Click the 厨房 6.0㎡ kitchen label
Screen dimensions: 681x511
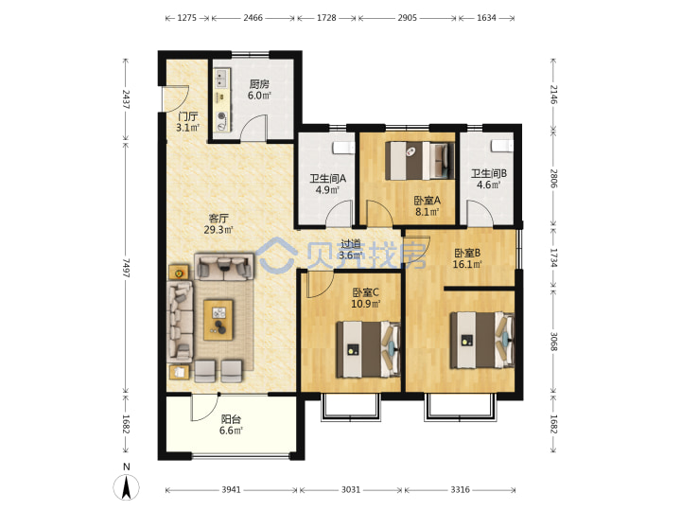(x=259, y=90)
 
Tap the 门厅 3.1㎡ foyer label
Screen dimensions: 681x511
(x=187, y=122)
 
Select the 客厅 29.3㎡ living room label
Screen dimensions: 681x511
(x=218, y=223)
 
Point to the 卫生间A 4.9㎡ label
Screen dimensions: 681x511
(x=327, y=185)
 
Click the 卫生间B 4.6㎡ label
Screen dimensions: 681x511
(x=489, y=179)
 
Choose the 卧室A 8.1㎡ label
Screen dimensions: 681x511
(x=427, y=206)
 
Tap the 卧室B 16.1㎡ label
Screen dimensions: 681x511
(x=467, y=258)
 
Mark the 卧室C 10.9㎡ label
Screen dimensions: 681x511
(x=366, y=298)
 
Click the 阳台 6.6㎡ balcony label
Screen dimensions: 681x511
(x=231, y=425)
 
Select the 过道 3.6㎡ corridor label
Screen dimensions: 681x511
(x=351, y=250)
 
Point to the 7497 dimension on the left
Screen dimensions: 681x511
(x=126, y=268)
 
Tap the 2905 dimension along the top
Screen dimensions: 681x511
(x=407, y=18)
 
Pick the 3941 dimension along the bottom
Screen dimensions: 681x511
(x=231, y=490)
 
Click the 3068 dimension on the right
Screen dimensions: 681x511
(x=553, y=342)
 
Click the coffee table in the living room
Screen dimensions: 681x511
(x=218, y=320)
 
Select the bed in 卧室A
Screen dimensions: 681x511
(x=420, y=160)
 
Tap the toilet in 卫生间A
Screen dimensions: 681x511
(x=343, y=147)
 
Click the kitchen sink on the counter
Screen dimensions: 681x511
(x=222, y=79)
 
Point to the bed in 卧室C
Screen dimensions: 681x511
(x=368, y=349)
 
